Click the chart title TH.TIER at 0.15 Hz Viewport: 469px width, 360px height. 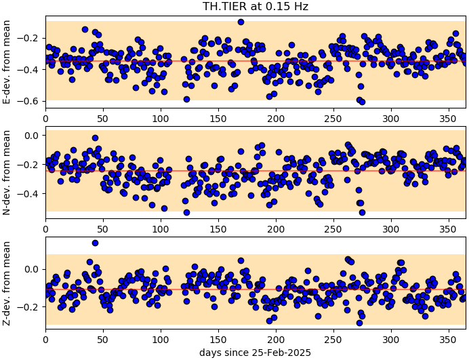[255, 7]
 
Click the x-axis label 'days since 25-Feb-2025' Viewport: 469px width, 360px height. [255, 353]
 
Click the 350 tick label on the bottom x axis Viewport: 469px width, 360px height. [448, 339]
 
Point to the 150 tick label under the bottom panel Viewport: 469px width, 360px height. [218, 339]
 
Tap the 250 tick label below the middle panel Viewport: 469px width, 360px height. [333, 225]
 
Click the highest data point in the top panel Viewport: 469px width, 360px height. [241, 22]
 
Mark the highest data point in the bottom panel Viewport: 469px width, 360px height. [95, 243]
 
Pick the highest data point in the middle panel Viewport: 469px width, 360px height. [95, 138]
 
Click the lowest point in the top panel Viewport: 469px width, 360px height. [362, 102]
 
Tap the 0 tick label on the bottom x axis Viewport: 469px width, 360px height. [45, 339]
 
